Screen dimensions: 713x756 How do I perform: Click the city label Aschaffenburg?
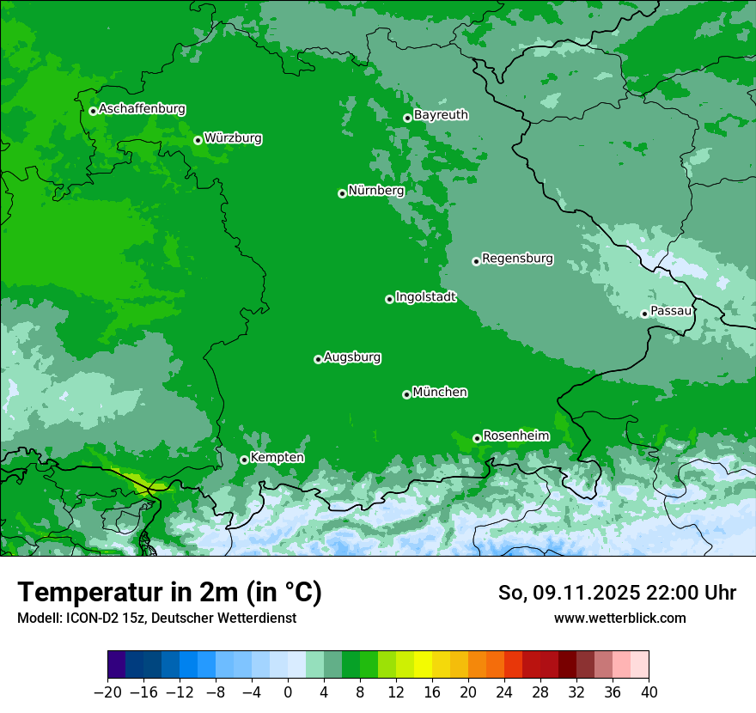[142, 109]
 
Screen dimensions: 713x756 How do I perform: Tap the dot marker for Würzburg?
[198, 140]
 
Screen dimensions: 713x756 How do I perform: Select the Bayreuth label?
[441, 115]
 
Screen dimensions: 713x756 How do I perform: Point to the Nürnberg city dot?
[342, 193]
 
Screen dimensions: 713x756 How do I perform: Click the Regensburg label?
[517, 259]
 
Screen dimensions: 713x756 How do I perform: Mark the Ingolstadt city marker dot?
[389, 299]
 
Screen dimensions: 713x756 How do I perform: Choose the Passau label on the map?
[671, 311]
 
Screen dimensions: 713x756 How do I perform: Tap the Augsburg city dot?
[318, 359]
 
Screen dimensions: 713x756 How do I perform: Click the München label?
[440, 393]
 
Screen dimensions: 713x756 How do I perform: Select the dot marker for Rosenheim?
[477, 438]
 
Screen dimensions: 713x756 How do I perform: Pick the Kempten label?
[277, 458]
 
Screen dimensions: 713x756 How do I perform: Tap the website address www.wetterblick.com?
[619, 618]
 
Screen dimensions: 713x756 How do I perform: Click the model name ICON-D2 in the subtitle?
[88, 618]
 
